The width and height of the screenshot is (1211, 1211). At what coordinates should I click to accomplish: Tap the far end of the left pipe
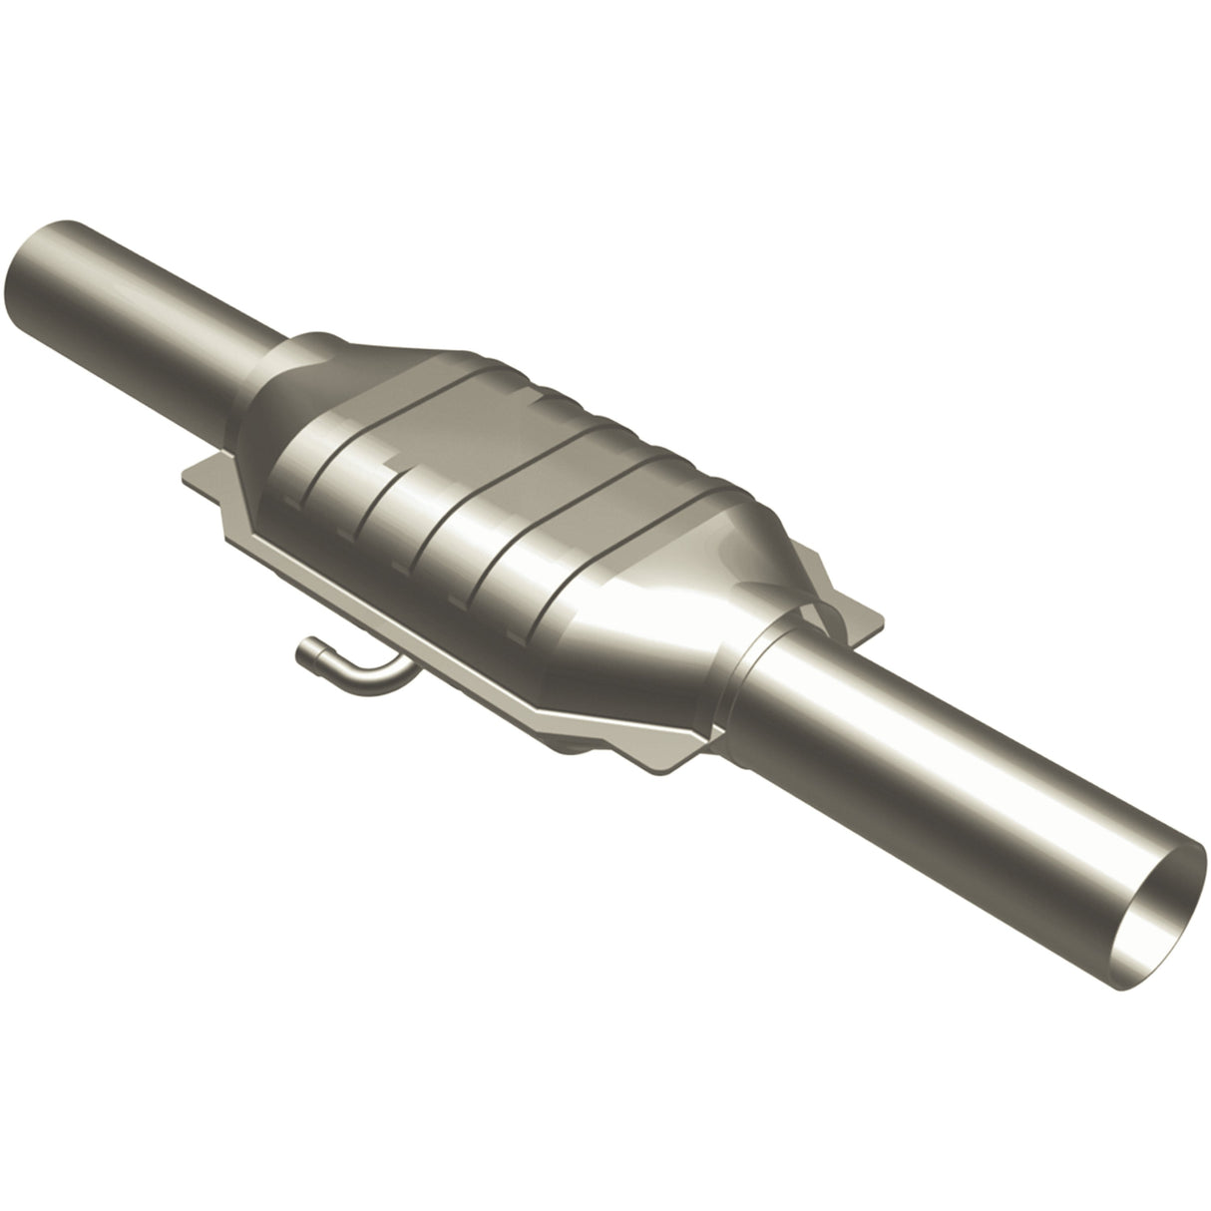pos(40,261)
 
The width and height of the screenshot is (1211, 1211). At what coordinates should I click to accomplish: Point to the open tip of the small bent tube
pos(304,653)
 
